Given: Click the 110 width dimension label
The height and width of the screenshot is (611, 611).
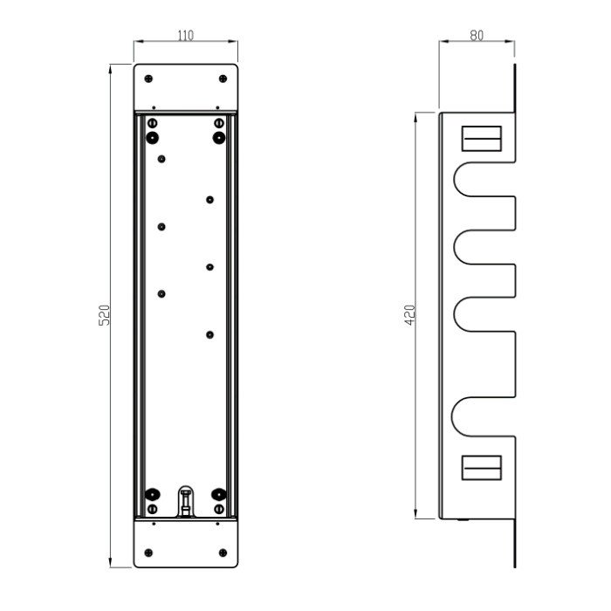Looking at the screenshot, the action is pos(185,36).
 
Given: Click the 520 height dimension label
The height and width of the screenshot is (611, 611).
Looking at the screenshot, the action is pos(104,315).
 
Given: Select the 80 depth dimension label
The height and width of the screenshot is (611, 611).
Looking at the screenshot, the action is pos(477,36).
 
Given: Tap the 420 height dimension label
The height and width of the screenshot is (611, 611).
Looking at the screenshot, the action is pos(410,315).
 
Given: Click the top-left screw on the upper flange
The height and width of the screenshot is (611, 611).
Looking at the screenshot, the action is pos(148,79).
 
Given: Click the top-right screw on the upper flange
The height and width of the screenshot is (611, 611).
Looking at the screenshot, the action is pos(223,79).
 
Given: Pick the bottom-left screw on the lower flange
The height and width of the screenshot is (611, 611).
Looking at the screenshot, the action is pos(148,553).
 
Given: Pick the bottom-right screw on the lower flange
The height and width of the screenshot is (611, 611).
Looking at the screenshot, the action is pos(223,553).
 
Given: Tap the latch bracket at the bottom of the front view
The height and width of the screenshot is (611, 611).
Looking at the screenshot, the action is pos(186,501).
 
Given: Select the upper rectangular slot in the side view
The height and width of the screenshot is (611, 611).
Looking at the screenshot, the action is pos(482,138).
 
